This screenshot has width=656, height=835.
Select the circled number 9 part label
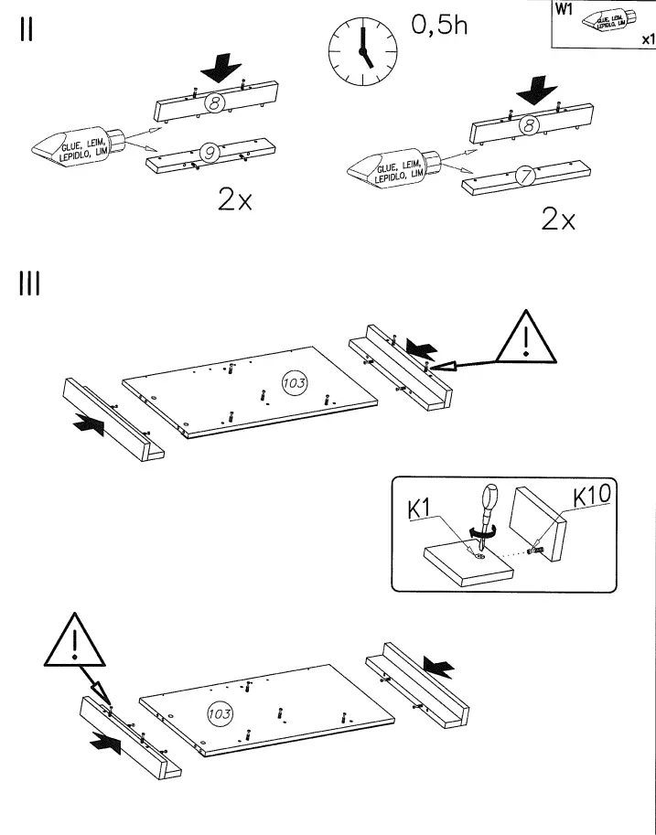point(210,155)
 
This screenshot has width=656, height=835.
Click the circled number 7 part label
point(526,177)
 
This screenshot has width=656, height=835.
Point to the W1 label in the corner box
point(564,11)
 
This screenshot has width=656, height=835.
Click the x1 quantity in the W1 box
point(646,39)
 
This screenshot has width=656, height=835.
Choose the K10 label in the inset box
point(593,497)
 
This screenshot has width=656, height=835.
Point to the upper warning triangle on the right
point(528,338)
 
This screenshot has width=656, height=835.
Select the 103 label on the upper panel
point(293,383)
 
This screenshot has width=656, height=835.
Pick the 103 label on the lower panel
point(220,712)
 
